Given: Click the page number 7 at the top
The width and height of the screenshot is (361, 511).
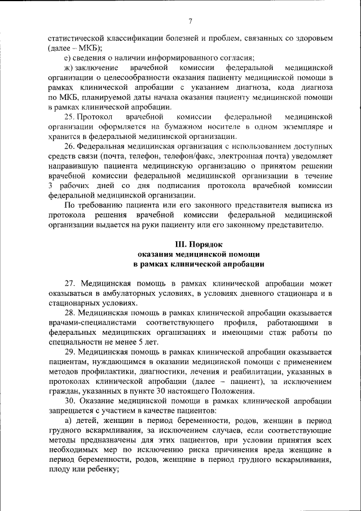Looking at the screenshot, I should tap(191, 21).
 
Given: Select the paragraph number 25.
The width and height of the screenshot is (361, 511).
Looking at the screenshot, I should tap(69, 117).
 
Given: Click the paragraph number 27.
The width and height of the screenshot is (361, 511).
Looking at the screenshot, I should tap(69, 282).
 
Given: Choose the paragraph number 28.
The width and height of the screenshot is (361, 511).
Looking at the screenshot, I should tap(69, 312).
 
